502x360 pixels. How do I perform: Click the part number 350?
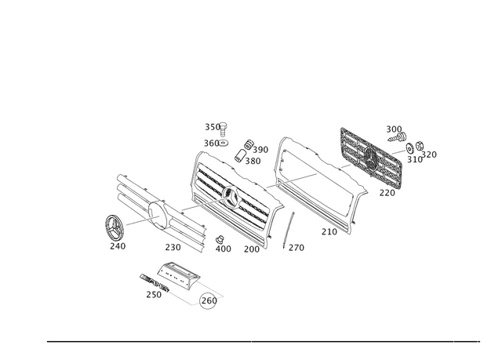click(x=213, y=127)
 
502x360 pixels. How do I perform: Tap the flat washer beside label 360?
click(x=224, y=143)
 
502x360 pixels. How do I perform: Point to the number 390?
click(x=260, y=150)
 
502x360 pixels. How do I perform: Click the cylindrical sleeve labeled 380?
click(x=240, y=155)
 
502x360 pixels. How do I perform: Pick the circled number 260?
click(x=209, y=301)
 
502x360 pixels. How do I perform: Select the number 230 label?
click(x=173, y=247)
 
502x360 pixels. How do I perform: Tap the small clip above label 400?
click(x=220, y=238)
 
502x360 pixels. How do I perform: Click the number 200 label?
click(x=252, y=249)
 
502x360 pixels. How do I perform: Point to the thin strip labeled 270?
click(x=289, y=230)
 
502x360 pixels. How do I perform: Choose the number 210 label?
click(x=329, y=231)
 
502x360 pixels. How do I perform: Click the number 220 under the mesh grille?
click(x=387, y=193)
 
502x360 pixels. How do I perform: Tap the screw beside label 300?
click(x=396, y=138)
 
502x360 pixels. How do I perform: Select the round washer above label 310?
click(x=409, y=148)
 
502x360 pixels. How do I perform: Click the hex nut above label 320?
click(x=420, y=146)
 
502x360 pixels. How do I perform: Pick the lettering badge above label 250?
click(x=155, y=282)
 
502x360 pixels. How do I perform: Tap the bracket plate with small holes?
click(x=179, y=275)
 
